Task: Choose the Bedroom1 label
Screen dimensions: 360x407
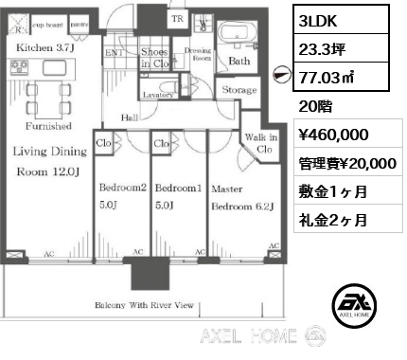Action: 177,188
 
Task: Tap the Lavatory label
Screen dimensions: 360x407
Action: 158,95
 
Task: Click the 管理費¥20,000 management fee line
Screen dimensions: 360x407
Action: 345,163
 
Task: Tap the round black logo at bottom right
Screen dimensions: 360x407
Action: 355,303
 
